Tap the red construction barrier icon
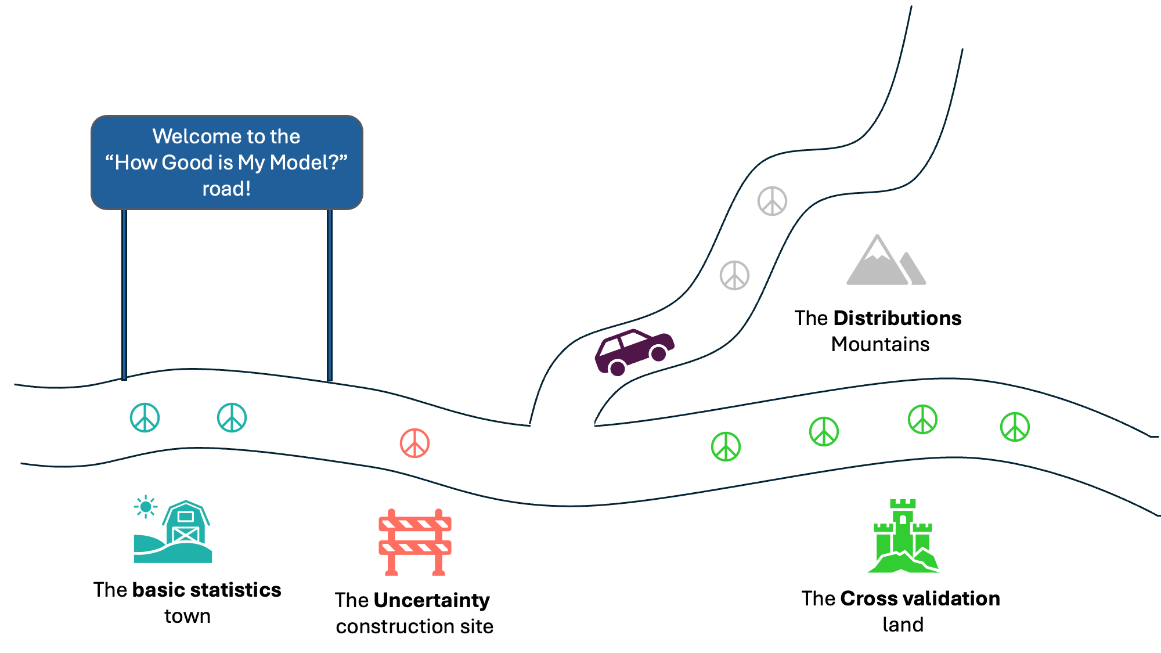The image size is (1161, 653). (x=414, y=542)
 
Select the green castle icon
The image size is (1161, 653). (x=903, y=537)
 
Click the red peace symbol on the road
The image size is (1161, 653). (x=414, y=443)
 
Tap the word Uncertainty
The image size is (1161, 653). (x=432, y=600)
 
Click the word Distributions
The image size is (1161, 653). (x=897, y=318)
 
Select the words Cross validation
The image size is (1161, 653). (x=920, y=598)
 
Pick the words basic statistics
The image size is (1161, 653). (x=207, y=590)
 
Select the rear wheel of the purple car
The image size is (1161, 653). (x=618, y=368)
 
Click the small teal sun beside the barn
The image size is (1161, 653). (x=145, y=507)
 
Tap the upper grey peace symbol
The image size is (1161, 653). (x=772, y=201)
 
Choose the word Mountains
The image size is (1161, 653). (x=880, y=344)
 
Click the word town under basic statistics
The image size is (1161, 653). (x=187, y=616)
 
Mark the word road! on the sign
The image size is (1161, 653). (x=226, y=189)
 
